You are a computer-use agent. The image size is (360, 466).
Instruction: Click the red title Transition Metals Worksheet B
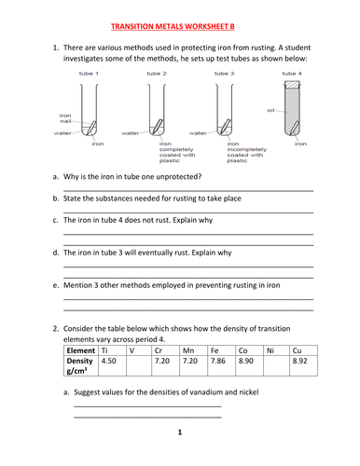[173, 26]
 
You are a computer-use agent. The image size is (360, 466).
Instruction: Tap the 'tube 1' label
[89, 74]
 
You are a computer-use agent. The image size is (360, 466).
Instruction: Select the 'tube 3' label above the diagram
[224, 74]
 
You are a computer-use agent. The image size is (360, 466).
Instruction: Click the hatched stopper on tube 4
[292, 85]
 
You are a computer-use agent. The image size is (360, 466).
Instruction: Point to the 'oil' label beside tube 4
[270, 110]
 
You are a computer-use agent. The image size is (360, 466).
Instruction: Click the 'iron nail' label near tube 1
[65, 118]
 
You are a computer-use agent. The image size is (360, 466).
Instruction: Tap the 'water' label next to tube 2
[130, 133]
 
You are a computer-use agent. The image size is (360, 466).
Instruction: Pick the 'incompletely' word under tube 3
[246, 149]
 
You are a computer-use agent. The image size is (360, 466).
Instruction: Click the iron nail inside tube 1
[91, 128]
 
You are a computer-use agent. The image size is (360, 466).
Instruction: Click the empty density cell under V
[139, 365]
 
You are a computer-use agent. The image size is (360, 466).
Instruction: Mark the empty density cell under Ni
[276, 365]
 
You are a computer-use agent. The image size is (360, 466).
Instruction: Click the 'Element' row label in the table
[81, 350]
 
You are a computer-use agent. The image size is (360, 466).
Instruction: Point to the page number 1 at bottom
[180, 432]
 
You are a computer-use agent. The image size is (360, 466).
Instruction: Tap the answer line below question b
[188, 212]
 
